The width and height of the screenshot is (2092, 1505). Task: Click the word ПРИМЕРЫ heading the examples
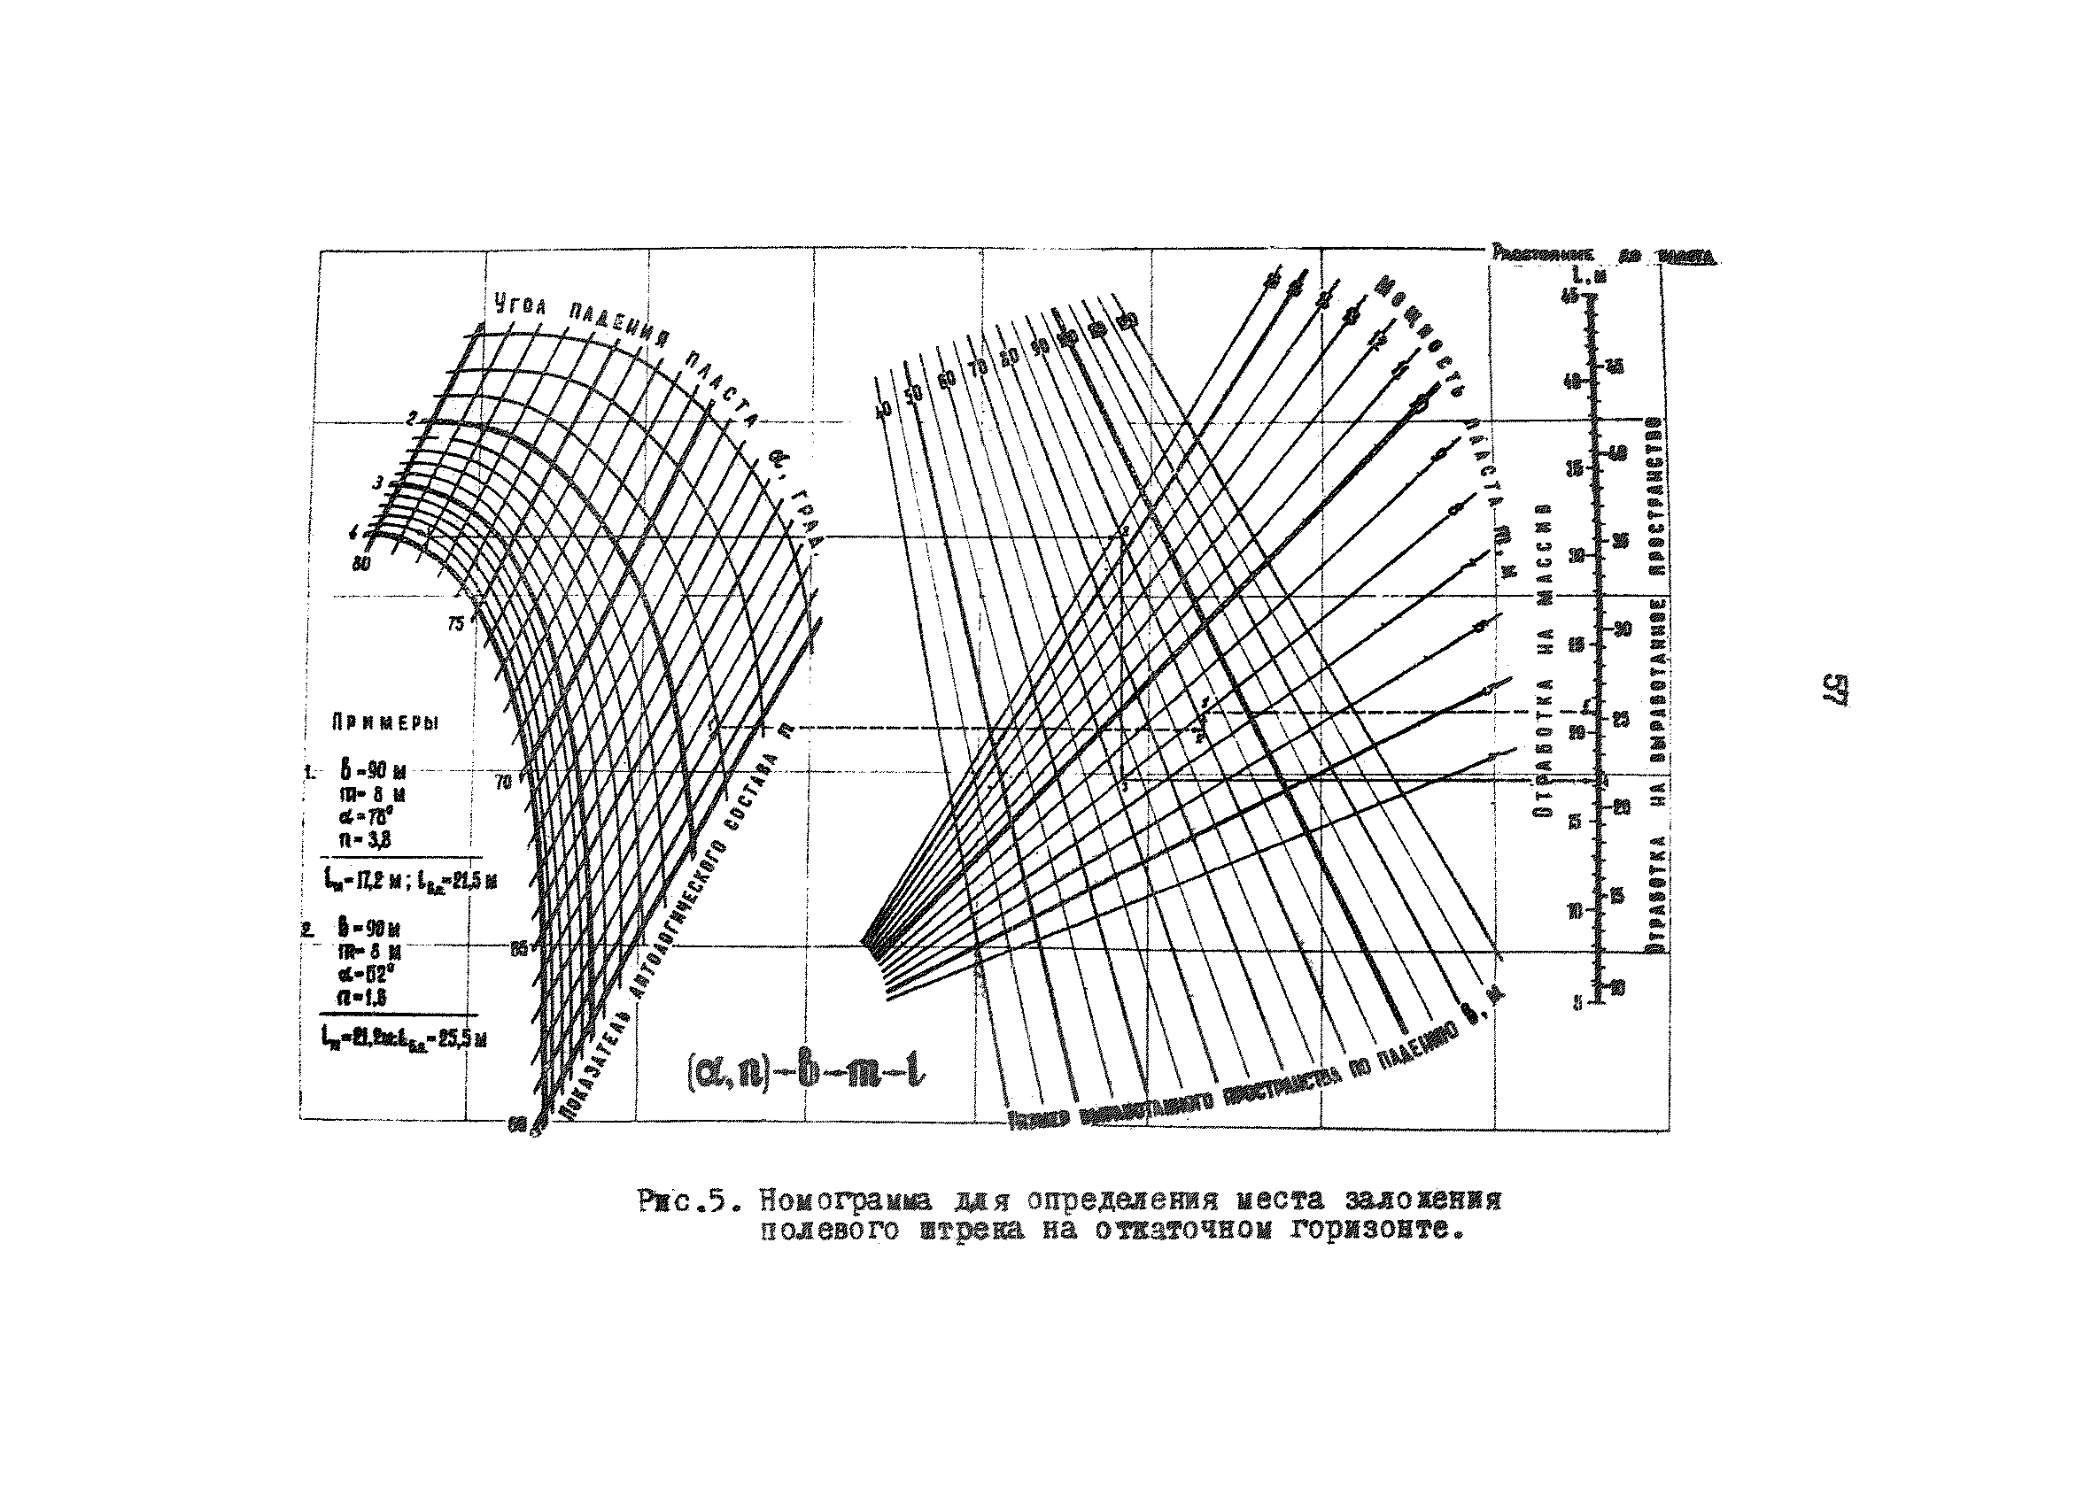[x=384, y=724]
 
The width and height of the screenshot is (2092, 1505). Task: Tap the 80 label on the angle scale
[x=360, y=563]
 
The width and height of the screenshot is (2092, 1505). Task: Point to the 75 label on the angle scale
[x=455, y=624]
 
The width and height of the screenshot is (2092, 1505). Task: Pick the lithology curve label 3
[x=377, y=482]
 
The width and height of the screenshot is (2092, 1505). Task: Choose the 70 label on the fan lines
[x=978, y=369]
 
